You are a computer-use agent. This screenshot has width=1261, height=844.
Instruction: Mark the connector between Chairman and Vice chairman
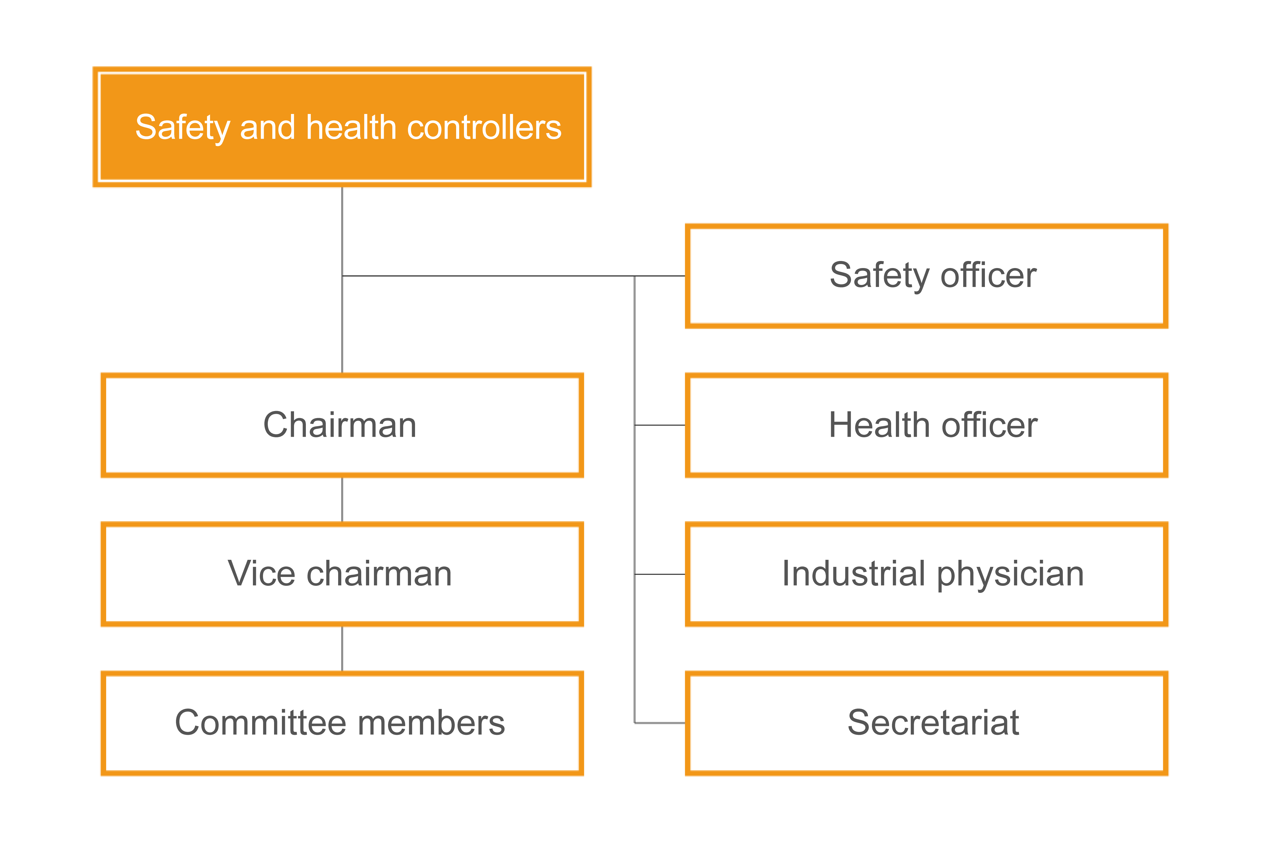(342, 500)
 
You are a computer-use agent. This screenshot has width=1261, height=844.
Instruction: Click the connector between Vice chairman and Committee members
(342, 649)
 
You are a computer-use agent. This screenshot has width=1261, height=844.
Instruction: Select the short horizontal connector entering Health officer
(660, 425)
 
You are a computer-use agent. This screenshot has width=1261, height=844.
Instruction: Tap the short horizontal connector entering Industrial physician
(660, 574)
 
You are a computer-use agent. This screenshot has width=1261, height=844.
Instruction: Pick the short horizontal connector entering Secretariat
(660, 723)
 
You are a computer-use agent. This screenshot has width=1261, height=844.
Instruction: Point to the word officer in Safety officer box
(989, 276)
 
